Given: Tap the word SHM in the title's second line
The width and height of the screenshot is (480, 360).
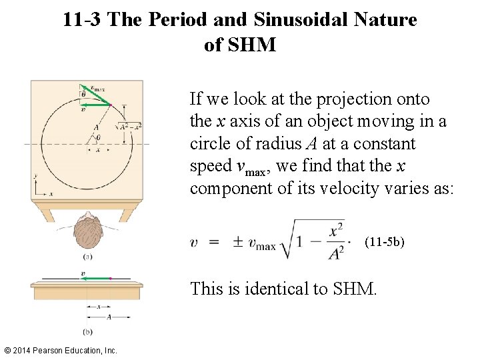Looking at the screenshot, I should [251, 45].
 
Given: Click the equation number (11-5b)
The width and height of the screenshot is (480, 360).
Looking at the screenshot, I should [384, 242].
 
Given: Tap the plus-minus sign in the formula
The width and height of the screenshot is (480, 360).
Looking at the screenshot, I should [237, 243].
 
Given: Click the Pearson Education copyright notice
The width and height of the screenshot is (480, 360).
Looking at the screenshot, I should [60, 350].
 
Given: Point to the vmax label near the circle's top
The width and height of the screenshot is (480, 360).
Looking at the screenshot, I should [97, 87].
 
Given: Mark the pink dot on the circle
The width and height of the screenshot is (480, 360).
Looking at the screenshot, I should [109, 105].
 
